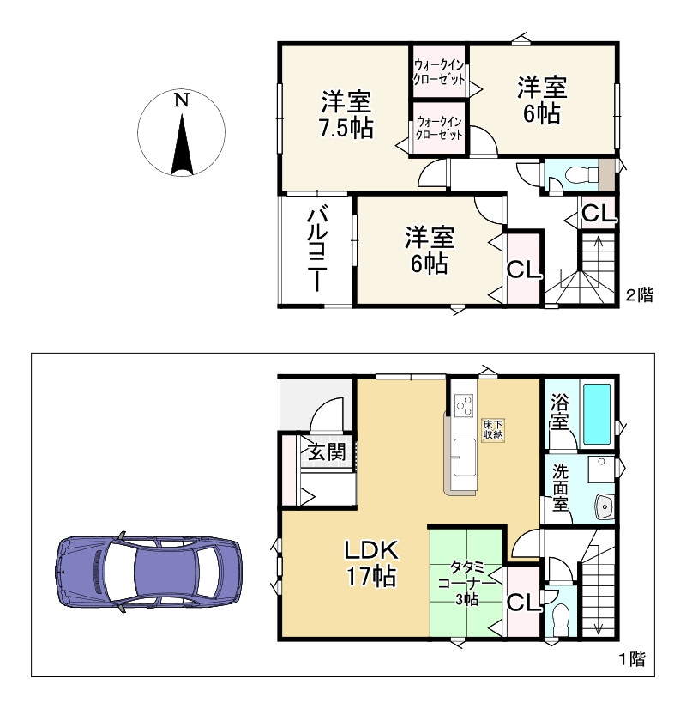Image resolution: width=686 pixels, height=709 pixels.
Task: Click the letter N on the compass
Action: [x=181, y=100]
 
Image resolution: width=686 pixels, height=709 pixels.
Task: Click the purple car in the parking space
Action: [x=147, y=568]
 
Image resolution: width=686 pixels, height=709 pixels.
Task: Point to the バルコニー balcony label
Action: [x=316, y=248]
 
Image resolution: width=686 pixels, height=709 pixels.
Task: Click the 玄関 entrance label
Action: [x=327, y=452]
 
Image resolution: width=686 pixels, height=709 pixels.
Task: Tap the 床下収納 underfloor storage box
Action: [x=492, y=430]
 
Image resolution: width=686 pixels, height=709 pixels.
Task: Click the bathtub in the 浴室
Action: [x=597, y=414]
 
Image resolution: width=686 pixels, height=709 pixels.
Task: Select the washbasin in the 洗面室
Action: [x=605, y=507]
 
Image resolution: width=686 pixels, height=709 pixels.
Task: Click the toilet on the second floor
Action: [x=577, y=175]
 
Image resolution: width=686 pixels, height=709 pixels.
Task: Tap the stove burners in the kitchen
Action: [x=464, y=403]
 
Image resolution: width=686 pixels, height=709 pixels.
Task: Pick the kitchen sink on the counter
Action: [x=464, y=453]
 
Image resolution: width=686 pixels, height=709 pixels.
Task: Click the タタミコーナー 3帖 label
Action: [x=466, y=583]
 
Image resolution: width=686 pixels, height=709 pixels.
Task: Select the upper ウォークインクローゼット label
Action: [x=439, y=71]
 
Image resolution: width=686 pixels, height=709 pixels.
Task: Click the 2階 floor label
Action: [x=639, y=295]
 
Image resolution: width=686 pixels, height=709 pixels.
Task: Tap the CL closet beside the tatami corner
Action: [x=523, y=603]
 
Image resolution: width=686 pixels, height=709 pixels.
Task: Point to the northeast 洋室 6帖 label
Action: [x=542, y=100]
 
